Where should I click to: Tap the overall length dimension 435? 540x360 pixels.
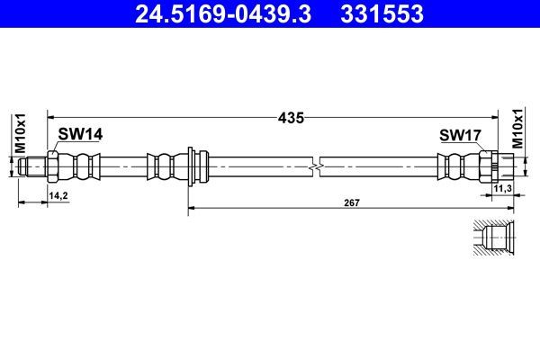click(x=290, y=116)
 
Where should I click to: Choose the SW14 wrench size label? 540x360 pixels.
click(x=80, y=134)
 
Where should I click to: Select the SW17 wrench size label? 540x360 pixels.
click(x=460, y=135)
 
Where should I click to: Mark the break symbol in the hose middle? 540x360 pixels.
click(x=316, y=166)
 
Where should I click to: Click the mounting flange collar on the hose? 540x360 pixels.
click(x=193, y=166)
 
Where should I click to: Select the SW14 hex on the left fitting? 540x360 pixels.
click(x=54, y=166)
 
